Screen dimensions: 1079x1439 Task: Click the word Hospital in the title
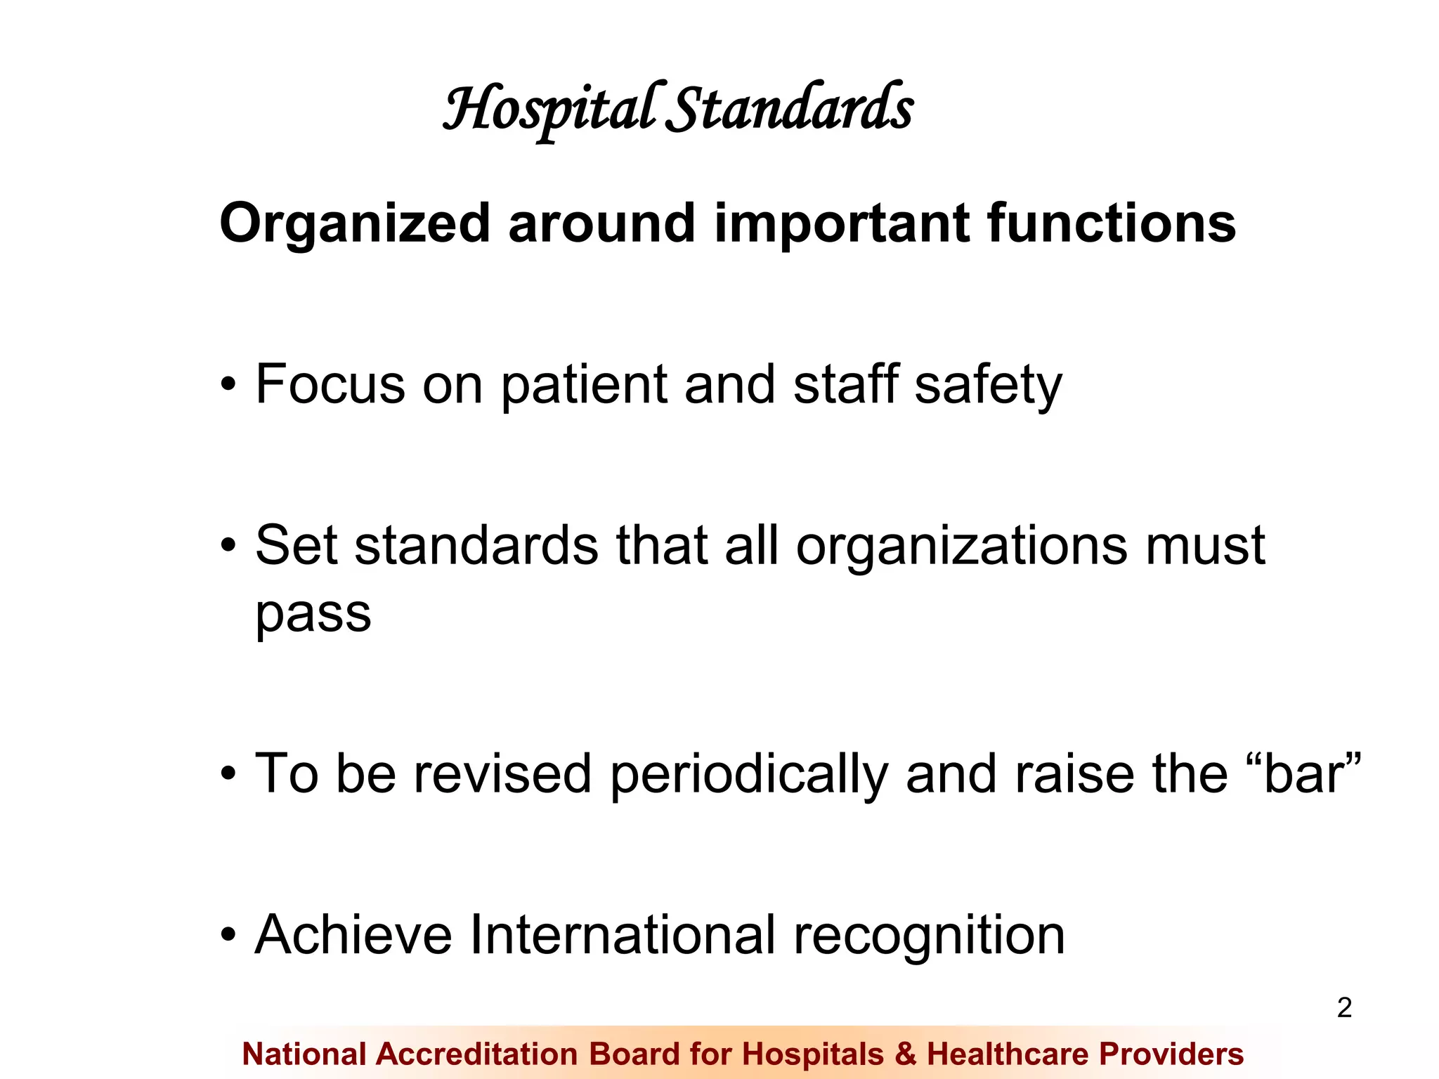pos(552,109)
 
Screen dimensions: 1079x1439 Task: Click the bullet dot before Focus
pos(228,386)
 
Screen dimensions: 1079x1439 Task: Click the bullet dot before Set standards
pos(228,546)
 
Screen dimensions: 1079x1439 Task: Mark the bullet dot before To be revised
pos(228,775)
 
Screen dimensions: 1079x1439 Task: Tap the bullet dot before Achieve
pos(228,936)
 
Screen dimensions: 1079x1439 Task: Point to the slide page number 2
pos(1344,1008)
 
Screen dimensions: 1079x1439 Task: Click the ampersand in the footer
pos(906,1054)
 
